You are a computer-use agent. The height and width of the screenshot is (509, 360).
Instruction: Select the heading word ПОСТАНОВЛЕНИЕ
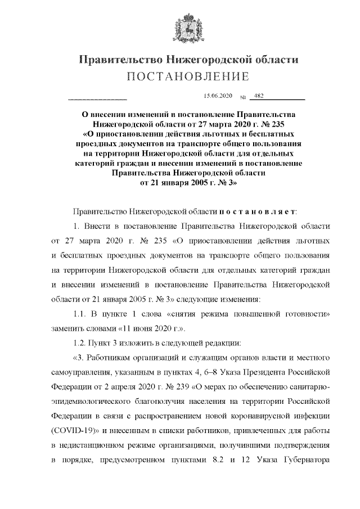179,76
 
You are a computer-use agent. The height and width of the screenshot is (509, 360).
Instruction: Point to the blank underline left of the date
97,99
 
